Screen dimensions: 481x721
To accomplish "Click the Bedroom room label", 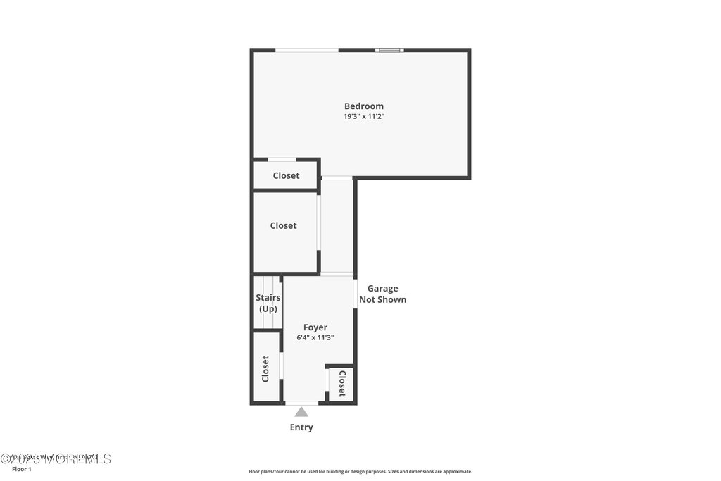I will tap(363, 106).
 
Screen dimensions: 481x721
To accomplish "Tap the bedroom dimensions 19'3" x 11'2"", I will tap(363, 117).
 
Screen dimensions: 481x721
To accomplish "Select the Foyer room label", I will tap(315, 327).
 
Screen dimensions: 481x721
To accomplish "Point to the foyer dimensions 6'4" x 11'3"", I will tap(315, 338).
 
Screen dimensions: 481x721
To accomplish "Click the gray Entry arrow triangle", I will tap(301, 412).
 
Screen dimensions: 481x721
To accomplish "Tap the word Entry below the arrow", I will tap(301, 427).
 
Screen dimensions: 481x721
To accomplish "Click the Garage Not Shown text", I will tap(382, 294).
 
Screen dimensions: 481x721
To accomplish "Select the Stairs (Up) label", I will tap(268, 303).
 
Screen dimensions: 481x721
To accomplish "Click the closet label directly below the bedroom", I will tap(286, 175).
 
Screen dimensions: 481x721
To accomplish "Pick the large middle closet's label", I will tap(283, 225).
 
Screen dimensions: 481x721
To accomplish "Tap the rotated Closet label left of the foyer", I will tap(265, 368).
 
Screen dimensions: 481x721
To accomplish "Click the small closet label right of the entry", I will tap(342, 384).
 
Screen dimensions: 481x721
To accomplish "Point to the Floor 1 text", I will tap(22, 469).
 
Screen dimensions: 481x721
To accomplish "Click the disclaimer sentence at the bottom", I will tap(360, 472).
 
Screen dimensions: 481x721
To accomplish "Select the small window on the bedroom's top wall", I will tap(389, 50).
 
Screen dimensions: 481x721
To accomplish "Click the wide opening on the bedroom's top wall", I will tap(306, 50).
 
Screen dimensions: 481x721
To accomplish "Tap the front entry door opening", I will tap(301, 403).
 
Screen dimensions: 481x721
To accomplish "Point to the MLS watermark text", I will tap(56, 458).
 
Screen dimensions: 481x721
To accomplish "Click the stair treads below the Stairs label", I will tap(268, 320).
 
